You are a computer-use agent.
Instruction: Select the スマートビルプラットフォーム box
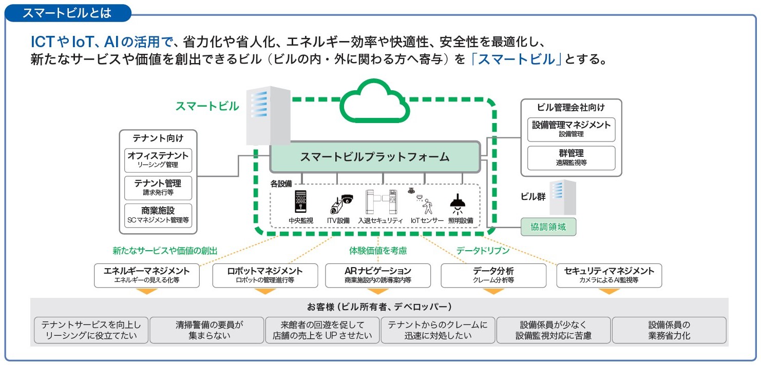(375, 157)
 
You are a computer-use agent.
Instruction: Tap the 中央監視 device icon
(300, 201)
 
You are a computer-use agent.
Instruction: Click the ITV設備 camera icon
(340, 202)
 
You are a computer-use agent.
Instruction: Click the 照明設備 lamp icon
(456, 202)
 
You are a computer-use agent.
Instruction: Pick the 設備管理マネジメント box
(571, 129)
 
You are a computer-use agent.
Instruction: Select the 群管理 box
(571, 157)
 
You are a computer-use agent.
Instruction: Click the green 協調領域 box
(548, 227)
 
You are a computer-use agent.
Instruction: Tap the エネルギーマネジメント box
(147, 275)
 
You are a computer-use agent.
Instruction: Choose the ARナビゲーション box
(378, 275)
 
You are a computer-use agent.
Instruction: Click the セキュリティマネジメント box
(609, 275)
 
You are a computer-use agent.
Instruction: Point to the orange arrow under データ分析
(493, 291)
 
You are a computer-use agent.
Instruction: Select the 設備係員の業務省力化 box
(669, 330)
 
